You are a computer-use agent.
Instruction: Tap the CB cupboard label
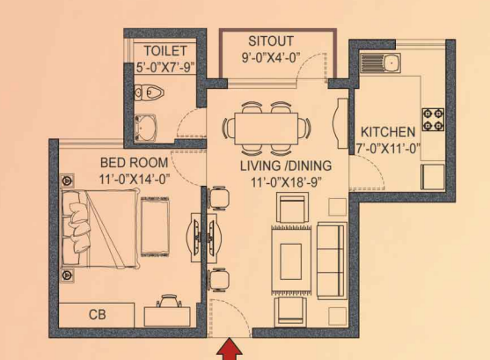98,313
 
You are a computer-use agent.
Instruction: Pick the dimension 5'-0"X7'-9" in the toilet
165,65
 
